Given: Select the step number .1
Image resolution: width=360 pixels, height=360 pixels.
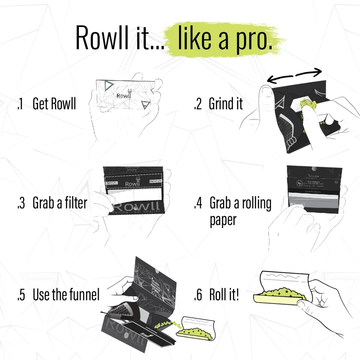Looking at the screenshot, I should [21, 104].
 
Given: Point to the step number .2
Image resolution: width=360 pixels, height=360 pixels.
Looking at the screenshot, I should [198, 104].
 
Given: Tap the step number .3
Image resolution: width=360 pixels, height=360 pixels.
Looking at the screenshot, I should [21, 203].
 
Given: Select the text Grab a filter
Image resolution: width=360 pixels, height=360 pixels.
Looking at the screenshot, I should [60, 203].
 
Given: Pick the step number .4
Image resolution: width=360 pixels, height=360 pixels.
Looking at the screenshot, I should [198, 203].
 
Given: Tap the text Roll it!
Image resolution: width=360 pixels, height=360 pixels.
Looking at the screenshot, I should [224, 294].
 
